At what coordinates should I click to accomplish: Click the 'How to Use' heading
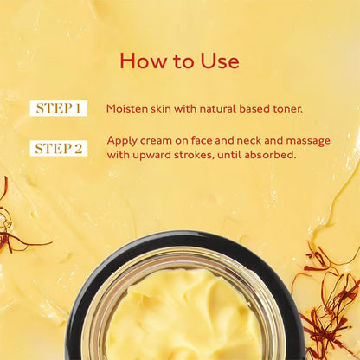[179, 61]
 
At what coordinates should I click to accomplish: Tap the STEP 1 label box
[59, 109]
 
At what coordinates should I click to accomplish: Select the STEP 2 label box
[59, 148]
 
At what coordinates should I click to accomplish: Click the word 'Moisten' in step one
[126, 109]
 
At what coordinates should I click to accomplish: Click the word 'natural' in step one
[203, 109]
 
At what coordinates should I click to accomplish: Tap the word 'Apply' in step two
[122, 140]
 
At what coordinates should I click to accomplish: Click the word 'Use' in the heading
[220, 61]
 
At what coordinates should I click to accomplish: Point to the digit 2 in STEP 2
[79, 148]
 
